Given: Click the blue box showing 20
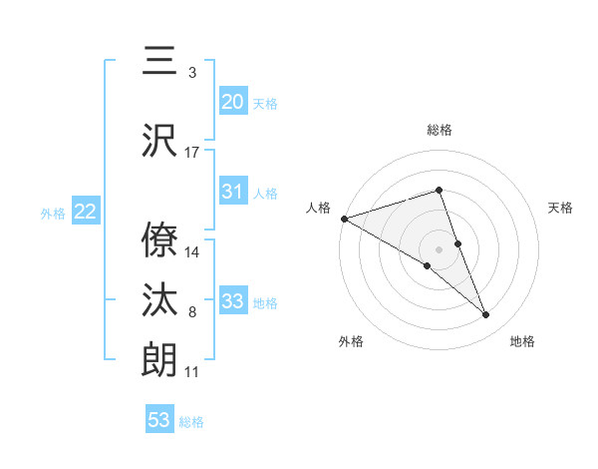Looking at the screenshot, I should (x=232, y=102).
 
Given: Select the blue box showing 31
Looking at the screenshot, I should (x=232, y=192).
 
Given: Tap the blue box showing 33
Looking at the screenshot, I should (x=232, y=301).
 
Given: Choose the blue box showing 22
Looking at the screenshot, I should (x=85, y=212).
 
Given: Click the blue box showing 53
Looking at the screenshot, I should (x=159, y=420).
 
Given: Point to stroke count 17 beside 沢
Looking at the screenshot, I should (x=192, y=153).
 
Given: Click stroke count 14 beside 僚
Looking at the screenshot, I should (x=192, y=252).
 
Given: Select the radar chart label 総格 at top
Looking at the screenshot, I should (x=440, y=130).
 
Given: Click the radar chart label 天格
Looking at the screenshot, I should (x=561, y=208).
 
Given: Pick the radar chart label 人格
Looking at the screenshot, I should (x=318, y=208).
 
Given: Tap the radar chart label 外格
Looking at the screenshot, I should (x=351, y=341).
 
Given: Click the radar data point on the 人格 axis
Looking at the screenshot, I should (x=344, y=218).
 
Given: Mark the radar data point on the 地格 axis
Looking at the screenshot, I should (x=486, y=314).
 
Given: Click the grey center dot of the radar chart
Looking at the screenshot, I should (x=439, y=248).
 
